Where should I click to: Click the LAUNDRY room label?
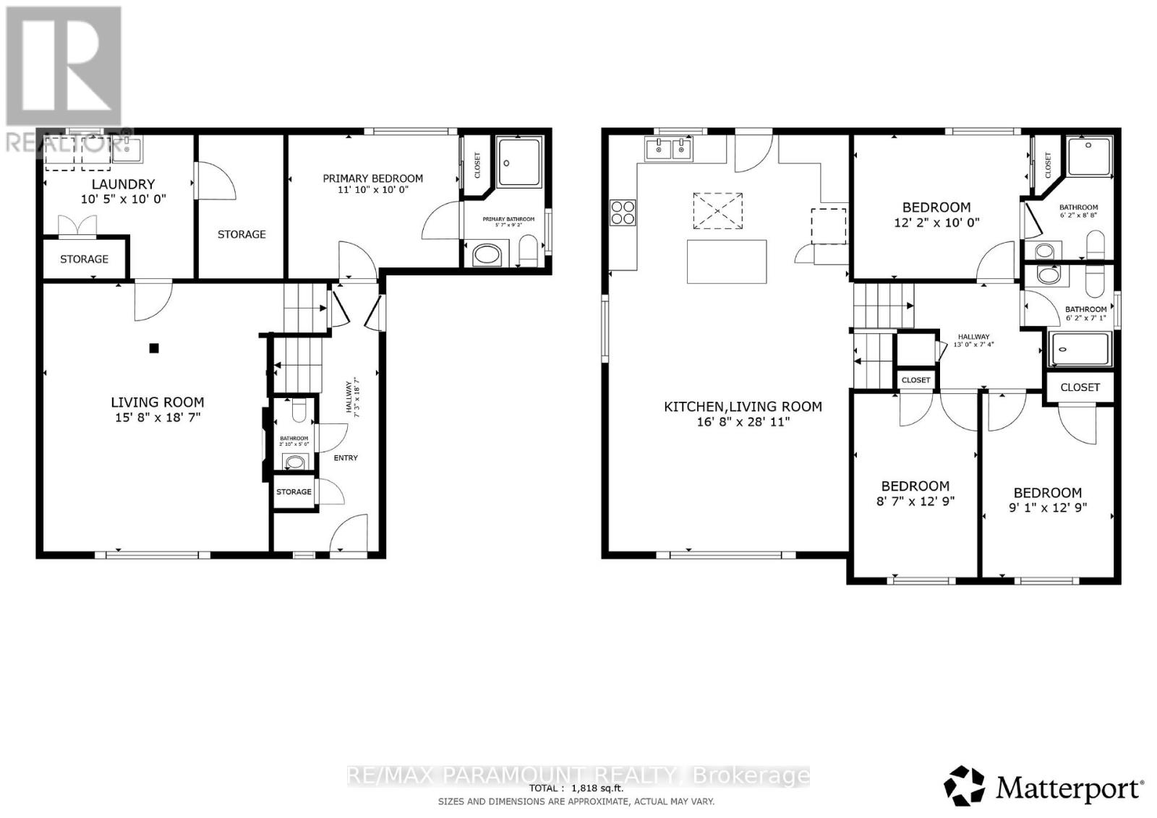click(123, 184)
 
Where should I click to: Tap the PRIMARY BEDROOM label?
click(372, 178)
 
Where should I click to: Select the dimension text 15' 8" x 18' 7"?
click(157, 417)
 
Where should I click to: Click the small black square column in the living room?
click(153, 348)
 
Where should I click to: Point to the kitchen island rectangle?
click(727, 262)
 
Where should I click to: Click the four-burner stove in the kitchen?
click(623, 212)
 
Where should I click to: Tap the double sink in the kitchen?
click(669, 150)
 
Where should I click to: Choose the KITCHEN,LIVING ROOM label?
click(743, 407)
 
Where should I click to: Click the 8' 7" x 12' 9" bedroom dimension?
click(915, 501)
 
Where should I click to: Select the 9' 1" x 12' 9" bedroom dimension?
click(1047, 508)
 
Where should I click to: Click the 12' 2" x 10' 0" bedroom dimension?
click(936, 223)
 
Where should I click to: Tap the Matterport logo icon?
click(965, 785)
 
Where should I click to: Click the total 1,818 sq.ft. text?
click(576, 788)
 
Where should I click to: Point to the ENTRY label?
click(346, 458)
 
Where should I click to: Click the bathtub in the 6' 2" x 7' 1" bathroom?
click(1080, 349)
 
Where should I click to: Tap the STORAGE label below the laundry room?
click(84, 259)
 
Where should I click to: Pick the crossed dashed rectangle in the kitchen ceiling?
click(717, 210)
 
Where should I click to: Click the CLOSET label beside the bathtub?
click(1080, 387)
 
